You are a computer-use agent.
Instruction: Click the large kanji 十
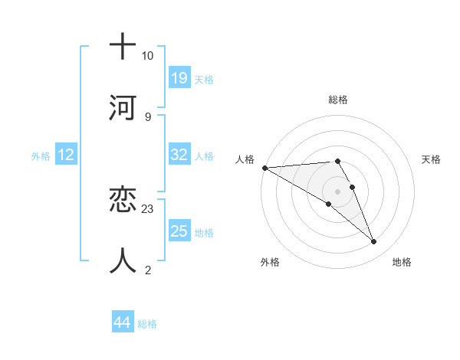pos(122,47)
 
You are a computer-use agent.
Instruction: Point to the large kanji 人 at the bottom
pos(122,260)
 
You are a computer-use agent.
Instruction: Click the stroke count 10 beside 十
pos(147,56)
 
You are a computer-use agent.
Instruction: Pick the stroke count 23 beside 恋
pos(148,208)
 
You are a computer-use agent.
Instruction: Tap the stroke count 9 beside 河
pos(147,116)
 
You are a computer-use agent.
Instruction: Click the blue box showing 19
pos(179,77)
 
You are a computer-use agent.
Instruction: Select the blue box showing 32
pos(179,154)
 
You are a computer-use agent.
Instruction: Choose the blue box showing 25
pos(179,231)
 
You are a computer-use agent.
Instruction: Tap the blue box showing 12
pos(66,155)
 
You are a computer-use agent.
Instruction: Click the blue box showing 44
pos(122,322)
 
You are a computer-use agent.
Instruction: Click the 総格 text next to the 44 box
pos(147,324)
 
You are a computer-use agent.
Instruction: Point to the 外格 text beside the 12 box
pos(41,155)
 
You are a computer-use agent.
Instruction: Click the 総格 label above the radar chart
pos(338,100)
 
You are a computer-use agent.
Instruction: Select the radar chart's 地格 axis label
pos(402,262)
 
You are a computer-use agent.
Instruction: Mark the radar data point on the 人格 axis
pos(264,168)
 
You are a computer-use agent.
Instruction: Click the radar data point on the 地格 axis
pos(374,242)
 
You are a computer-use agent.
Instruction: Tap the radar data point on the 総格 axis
pos(338,161)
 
